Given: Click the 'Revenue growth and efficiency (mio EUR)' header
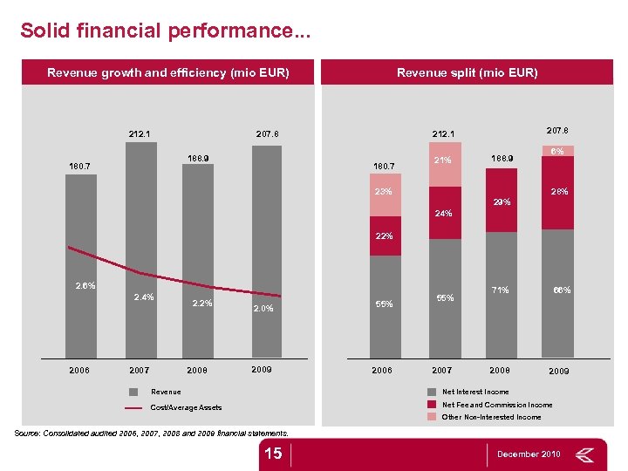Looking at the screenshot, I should (167, 72).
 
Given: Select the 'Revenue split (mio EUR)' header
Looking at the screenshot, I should (467, 72).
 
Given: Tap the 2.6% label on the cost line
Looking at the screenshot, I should (85, 285).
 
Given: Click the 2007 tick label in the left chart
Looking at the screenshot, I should (139, 370).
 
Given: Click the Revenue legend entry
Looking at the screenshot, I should (167, 392).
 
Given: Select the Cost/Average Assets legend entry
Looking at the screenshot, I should (186, 407).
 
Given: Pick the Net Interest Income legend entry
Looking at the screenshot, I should (475, 392).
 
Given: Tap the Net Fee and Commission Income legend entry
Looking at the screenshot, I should (497, 405).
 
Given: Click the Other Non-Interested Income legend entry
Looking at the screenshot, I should (491, 417).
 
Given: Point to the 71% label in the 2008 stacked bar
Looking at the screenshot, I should (501, 290).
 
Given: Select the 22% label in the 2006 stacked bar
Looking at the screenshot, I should (385, 236).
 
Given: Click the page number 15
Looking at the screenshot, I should (273, 454).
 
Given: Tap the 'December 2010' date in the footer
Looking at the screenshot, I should (529, 454).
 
